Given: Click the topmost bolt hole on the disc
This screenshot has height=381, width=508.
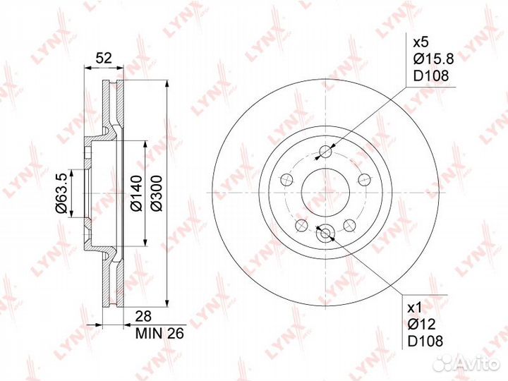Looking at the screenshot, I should coord(325,151).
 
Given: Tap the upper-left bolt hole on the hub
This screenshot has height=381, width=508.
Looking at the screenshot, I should coord(286,180).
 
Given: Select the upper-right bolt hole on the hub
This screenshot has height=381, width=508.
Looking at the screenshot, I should coord(364,179).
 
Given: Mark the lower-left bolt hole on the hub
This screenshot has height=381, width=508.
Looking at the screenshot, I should coord(301,225).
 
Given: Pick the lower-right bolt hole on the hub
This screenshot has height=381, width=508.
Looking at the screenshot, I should coord(349,225).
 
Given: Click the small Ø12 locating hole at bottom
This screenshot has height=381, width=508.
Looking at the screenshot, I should coord(325,234).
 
